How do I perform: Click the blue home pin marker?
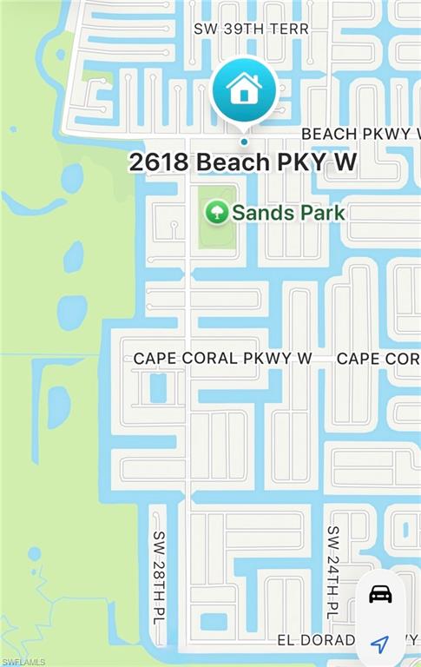[244, 89]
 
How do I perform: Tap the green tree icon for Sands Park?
[216, 211]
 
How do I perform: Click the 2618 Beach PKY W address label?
[243, 162]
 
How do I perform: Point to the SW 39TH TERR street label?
[251, 29]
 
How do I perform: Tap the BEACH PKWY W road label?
[359, 134]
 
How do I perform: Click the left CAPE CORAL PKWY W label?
[222, 358]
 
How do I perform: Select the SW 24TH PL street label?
[332, 571]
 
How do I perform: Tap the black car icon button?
[380, 594]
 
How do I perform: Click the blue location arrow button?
[379, 644]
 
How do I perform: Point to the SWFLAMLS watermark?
[23, 661]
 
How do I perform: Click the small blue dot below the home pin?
[244, 142]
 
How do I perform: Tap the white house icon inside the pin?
[244, 87]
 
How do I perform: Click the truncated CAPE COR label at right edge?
[378, 358]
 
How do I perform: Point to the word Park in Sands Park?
[322, 212]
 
